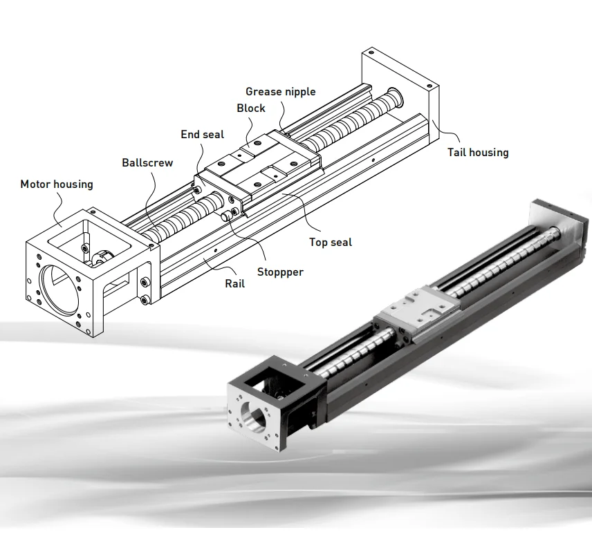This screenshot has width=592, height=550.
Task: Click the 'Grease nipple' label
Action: point(280,91)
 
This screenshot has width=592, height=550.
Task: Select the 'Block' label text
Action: point(250,108)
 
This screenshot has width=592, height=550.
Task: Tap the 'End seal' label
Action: point(202,134)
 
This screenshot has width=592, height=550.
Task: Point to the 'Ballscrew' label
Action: point(147,163)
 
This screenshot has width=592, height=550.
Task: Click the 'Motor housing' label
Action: point(56,184)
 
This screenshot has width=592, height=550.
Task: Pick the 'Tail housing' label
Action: point(477,152)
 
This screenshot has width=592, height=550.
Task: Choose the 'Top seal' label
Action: point(330,242)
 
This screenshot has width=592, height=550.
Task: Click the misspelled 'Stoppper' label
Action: point(280,272)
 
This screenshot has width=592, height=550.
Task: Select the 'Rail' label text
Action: point(234,283)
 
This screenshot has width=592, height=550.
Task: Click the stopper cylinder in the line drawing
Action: point(228,216)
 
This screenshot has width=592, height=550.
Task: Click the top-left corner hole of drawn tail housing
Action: point(369,52)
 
